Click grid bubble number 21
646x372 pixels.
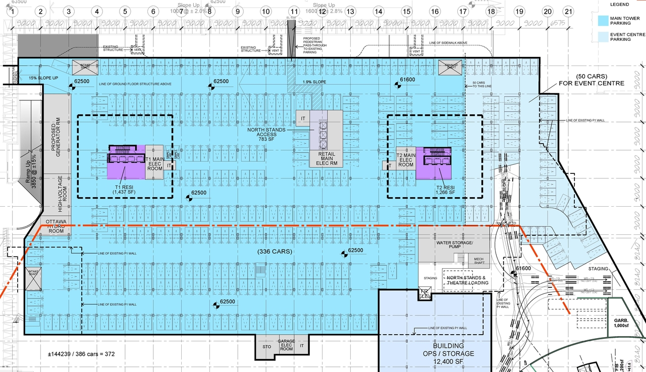pos(569,11)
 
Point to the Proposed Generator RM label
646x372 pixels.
pos(57,139)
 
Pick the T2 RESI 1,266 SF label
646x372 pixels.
pos(446,189)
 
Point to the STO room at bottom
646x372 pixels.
pos(266,347)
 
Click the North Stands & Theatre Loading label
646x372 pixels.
pos(467,280)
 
